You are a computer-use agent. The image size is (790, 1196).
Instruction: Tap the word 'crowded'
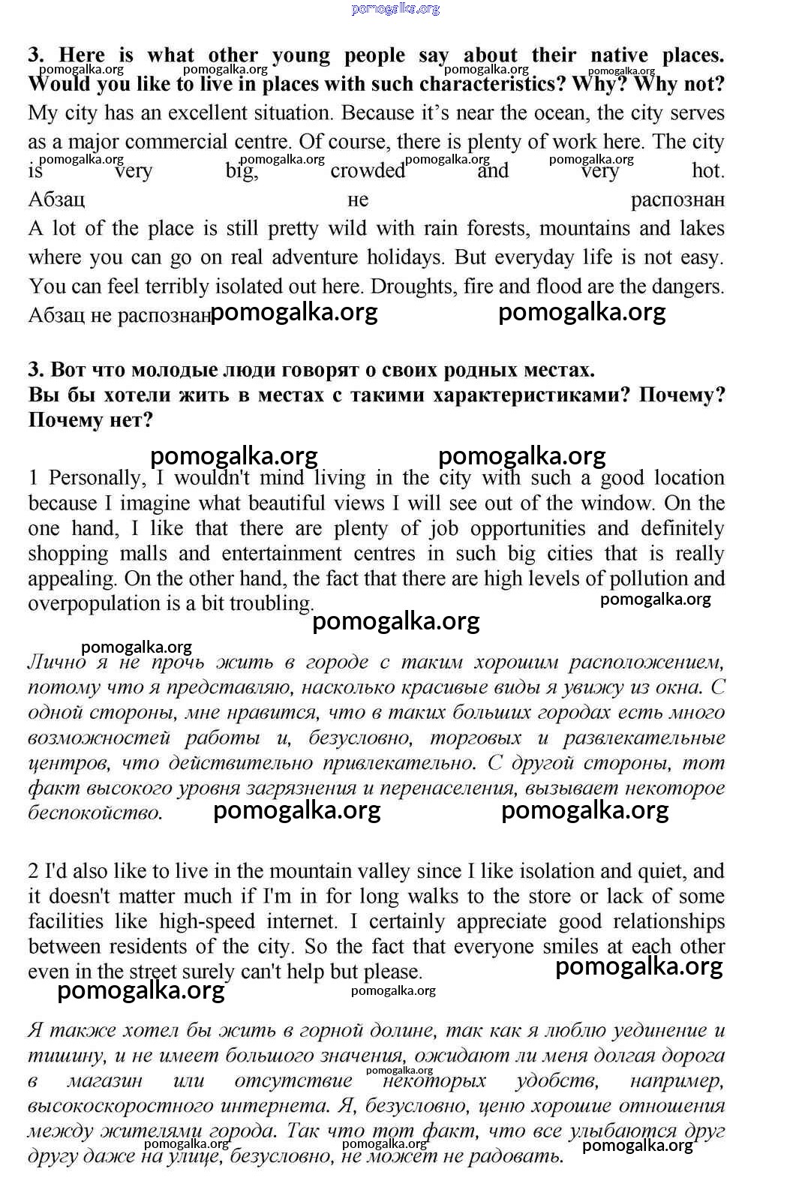tap(368, 171)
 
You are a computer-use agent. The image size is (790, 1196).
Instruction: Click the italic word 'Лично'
tap(57, 663)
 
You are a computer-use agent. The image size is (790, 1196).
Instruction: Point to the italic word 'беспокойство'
tap(94, 813)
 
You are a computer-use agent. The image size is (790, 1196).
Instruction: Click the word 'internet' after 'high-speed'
tap(302, 921)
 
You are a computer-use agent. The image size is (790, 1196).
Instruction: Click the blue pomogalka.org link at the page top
tap(395, 9)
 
